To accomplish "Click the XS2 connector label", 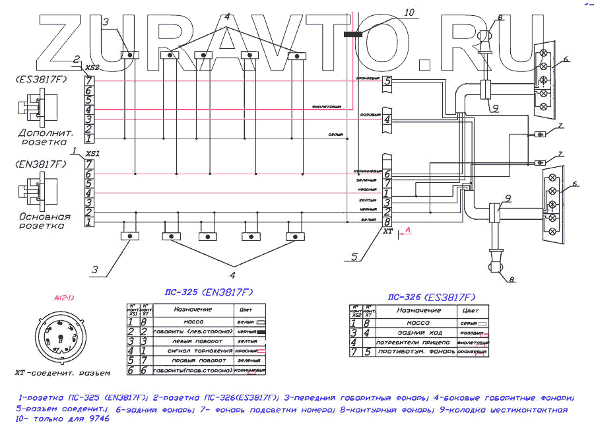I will (92, 67).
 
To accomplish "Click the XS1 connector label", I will (92, 152).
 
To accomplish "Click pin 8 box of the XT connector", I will (387, 222).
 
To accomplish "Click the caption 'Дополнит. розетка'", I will (44, 136).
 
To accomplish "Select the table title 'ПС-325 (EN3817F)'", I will (209, 292).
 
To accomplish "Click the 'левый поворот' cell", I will (191, 341).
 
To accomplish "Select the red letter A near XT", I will (408, 229).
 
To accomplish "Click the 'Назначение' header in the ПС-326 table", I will (419, 310).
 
